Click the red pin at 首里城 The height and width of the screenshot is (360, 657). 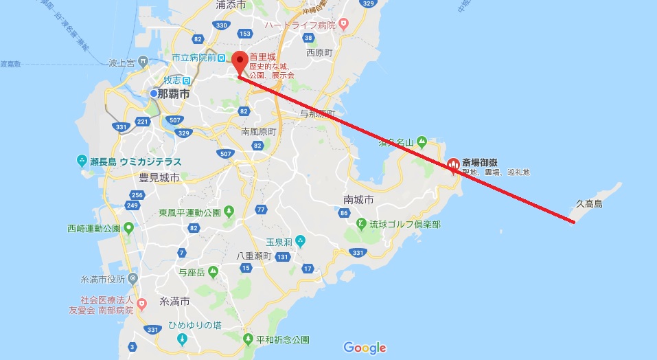pyautogui.click(x=240, y=60)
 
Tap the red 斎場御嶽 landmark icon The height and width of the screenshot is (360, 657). pyautogui.click(x=453, y=164)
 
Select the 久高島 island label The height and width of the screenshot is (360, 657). pyautogui.click(x=588, y=204)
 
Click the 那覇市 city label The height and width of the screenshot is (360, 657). pyautogui.click(x=173, y=93)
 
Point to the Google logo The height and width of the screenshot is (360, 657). pyautogui.click(x=365, y=348)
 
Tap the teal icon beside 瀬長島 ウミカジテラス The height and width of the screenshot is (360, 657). pyautogui.click(x=81, y=161)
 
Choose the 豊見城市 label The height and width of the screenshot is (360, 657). pyautogui.click(x=159, y=177)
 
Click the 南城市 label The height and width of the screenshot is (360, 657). pyautogui.click(x=358, y=200)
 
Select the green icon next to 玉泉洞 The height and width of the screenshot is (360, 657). pyautogui.click(x=300, y=241)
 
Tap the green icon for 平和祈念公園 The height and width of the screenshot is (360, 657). pyautogui.click(x=249, y=339)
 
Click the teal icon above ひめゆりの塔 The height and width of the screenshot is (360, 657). pyautogui.click(x=181, y=339)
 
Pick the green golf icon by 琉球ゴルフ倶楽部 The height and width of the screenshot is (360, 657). pyautogui.click(x=361, y=223)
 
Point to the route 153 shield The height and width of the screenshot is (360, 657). pyautogui.click(x=245, y=34)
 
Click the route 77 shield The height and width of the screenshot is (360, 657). pyautogui.click(x=260, y=209)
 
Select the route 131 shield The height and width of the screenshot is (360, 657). pyautogui.click(x=282, y=257)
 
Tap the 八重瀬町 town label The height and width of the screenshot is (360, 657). pyautogui.click(x=255, y=256)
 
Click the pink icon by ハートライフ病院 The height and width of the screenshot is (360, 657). pyautogui.click(x=344, y=25)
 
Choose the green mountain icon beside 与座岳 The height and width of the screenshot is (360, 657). pyautogui.click(x=214, y=272)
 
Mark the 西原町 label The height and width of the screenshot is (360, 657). pyautogui.click(x=319, y=52)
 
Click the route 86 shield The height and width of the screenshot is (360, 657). pyautogui.click(x=344, y=214)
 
